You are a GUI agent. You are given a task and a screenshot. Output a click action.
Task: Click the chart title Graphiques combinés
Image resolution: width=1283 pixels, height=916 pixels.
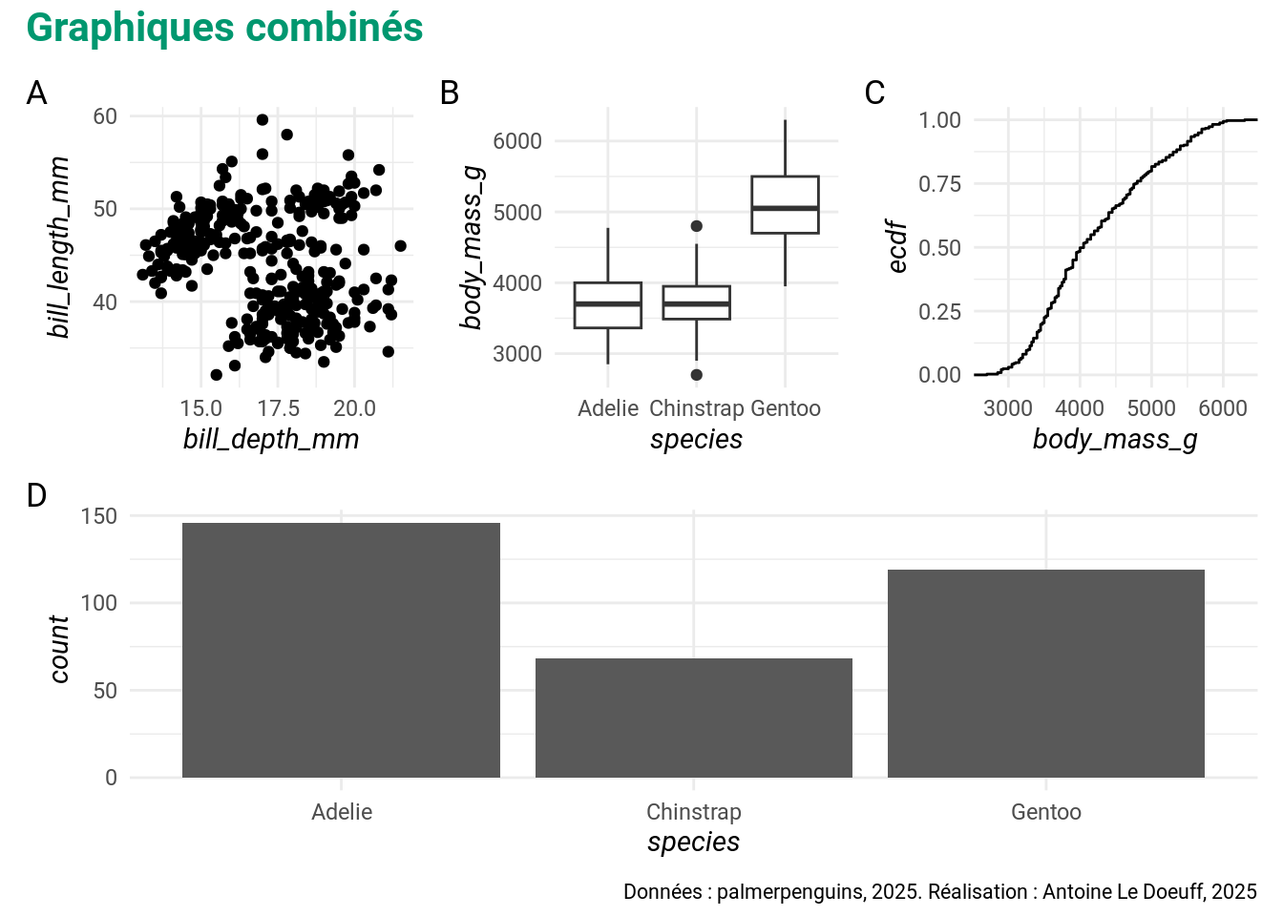pyautogui.click(x=224, y=28)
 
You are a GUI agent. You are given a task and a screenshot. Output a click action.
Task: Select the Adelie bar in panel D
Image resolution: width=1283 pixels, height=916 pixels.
pyautogui.click(x=341, y=650)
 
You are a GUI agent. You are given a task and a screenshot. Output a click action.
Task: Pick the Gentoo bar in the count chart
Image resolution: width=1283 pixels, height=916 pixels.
pyautogui.click(x=1046, y=674)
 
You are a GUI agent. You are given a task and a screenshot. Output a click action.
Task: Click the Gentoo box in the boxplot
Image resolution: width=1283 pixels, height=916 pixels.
pyautogui.click(x=785, y=204)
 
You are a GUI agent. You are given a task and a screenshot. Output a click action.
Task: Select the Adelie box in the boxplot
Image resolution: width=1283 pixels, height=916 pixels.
pyautogui.click(x=608, y=305)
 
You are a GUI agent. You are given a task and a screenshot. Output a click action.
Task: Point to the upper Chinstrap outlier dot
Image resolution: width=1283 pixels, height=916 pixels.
pyautogui.click(x=697, y=226)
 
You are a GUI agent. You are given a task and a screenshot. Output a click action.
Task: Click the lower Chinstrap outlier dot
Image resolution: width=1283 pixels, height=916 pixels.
pyautogui.click(x=697, y=375)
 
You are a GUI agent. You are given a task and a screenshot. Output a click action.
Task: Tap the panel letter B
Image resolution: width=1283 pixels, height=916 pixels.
pyautogui.click(x=450, y=93)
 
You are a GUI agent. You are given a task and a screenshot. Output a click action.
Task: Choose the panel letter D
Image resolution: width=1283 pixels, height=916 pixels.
pyautogui.click(x=36, y=495)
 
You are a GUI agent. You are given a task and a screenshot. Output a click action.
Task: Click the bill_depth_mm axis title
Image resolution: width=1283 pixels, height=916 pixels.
pyautogui.click(x=271, y=439)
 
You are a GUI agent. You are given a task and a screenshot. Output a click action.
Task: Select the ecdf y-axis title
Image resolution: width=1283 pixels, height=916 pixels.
pyautogui.click(x=897, y=247)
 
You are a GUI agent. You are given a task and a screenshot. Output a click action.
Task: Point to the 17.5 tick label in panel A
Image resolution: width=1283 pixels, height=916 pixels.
pyautogui.click(x=278, y=408)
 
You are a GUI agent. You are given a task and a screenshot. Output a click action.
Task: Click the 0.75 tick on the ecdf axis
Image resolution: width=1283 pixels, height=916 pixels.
pyautogui.click(x=939, y=184)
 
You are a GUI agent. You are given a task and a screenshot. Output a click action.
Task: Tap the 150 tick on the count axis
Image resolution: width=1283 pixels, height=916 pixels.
pyautogui.click(x=99, y=516)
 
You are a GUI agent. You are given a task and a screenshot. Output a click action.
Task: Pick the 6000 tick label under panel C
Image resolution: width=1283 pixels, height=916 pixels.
pyautogui.click(x=1223, y=408)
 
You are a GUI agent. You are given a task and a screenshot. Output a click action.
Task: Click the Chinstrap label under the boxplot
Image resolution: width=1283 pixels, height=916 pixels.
pyautogui.click(x=696, y=408)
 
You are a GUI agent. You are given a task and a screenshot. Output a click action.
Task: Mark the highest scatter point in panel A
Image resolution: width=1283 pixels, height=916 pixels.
pyautogui.click(x=263, y=119)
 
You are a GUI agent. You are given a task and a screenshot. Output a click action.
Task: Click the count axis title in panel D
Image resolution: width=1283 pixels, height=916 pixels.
pyautogui.click(x=59, y=649)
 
